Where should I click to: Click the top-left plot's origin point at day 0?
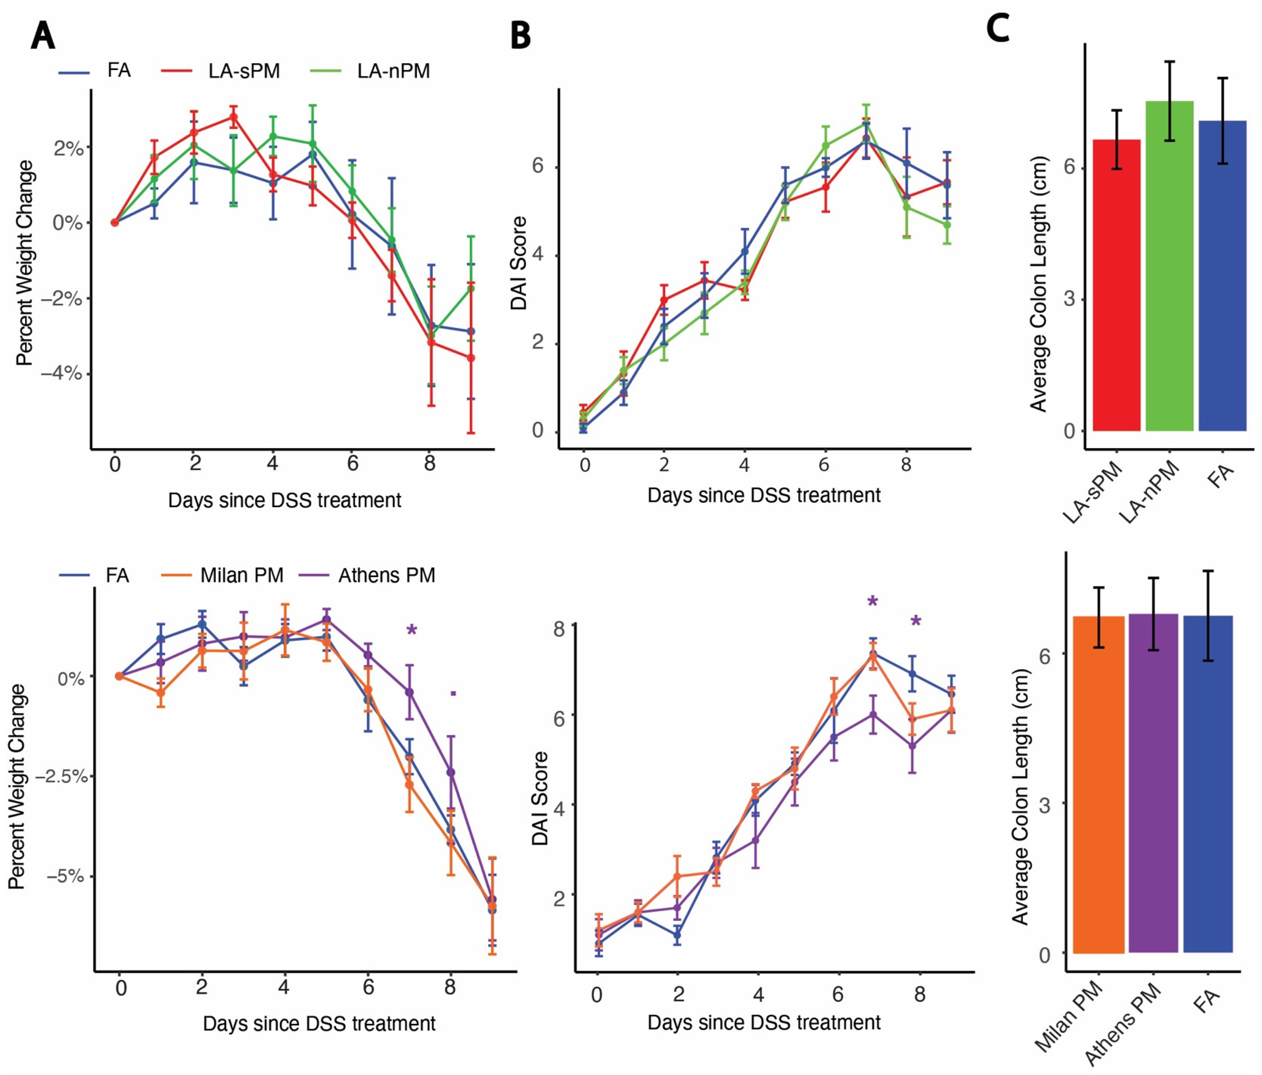[x=114, y=222]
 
